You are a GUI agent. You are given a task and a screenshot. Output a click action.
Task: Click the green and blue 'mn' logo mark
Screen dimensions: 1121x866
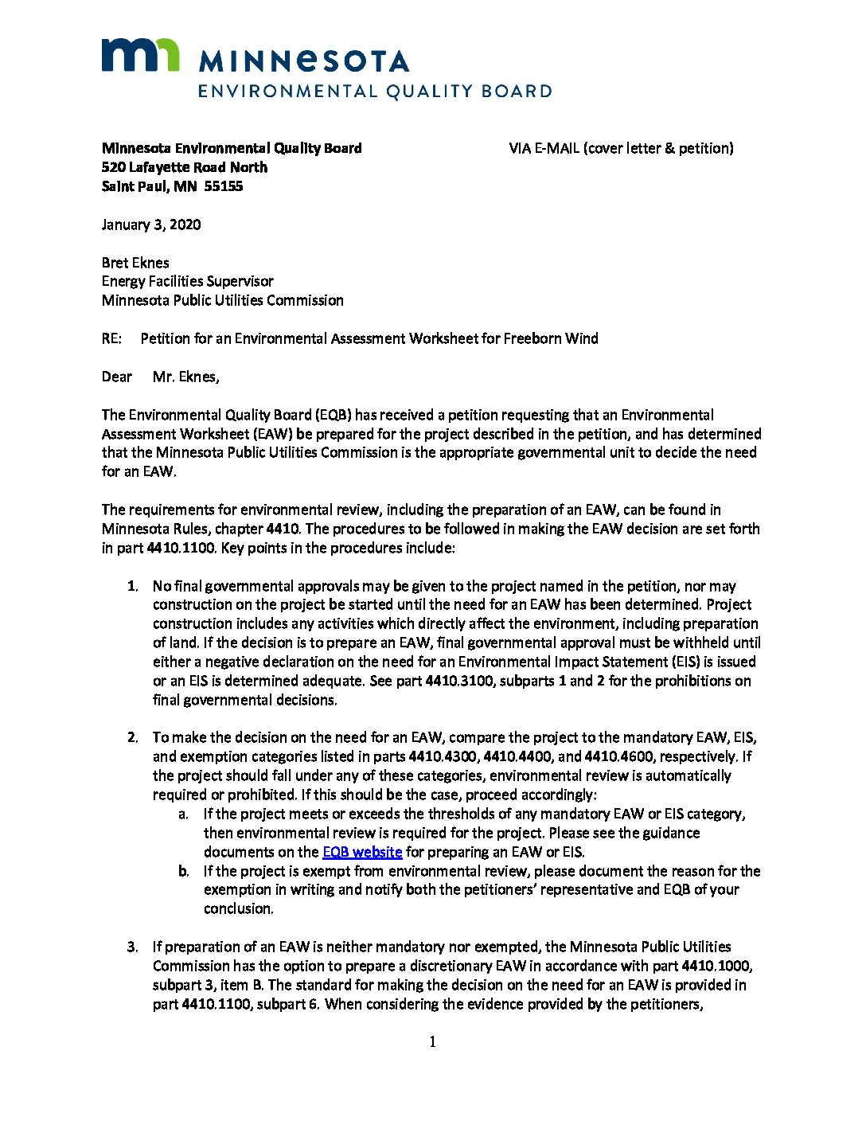[140, 55]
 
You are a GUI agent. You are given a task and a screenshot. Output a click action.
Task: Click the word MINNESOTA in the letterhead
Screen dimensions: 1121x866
[303, 61]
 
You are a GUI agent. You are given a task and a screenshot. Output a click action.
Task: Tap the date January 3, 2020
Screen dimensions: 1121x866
[151, 225]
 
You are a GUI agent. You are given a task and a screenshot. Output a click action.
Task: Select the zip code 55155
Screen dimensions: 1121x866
[224, 186]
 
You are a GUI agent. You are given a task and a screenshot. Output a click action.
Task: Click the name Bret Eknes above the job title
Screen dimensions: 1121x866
[135, 263]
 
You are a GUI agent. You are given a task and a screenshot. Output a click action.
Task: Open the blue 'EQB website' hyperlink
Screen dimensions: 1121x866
[362, 852]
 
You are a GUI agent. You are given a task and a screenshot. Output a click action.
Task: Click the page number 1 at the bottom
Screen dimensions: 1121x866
[432, 1042]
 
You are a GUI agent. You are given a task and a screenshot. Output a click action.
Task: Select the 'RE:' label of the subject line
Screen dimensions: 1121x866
[111, 338]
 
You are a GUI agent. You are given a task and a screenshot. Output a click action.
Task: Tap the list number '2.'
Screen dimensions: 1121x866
[133, 737]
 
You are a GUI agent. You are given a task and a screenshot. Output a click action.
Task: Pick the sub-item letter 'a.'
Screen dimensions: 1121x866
[184, 814]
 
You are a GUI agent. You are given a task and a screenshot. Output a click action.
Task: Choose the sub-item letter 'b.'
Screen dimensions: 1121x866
[184, 871]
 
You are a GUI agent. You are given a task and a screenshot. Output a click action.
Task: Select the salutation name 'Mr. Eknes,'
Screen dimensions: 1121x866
[186, 377]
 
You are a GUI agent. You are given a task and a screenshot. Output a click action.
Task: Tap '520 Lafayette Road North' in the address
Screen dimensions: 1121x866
[185, 167]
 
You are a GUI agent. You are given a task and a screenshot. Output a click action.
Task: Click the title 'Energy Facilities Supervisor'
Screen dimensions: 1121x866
[188, 281]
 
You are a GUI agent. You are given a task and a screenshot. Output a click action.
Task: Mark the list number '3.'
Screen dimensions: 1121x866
[133, 947]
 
